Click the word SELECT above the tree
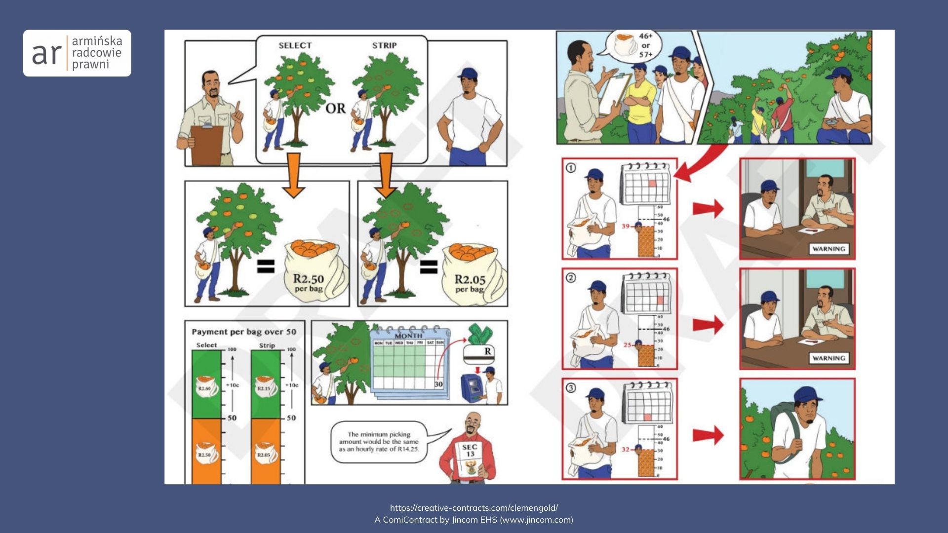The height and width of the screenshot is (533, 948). (295, 45)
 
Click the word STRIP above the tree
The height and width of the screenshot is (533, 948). (384, 45)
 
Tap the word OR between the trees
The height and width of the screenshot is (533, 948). (336, 108)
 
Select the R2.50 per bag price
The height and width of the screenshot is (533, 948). (309, 282)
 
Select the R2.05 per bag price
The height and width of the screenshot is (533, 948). (470, 283)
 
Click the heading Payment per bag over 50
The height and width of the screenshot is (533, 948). (244, 332)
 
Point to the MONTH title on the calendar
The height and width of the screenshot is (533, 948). (408, 336)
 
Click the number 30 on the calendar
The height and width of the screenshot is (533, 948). (438, 384)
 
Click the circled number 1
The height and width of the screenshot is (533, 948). (571, 168)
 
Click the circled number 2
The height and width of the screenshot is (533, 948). (571, 278)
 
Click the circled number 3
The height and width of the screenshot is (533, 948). (571, 388)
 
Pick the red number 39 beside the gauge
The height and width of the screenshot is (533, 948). (626, 226)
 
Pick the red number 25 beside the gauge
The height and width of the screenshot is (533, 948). (627, 345)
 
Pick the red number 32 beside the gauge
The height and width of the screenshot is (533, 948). (626, 450)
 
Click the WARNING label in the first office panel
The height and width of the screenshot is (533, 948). (829, 249)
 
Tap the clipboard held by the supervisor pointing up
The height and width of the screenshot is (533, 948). (207, 144)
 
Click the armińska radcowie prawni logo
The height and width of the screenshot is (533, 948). (77, 53)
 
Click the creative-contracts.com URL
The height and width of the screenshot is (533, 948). (474, 508)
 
